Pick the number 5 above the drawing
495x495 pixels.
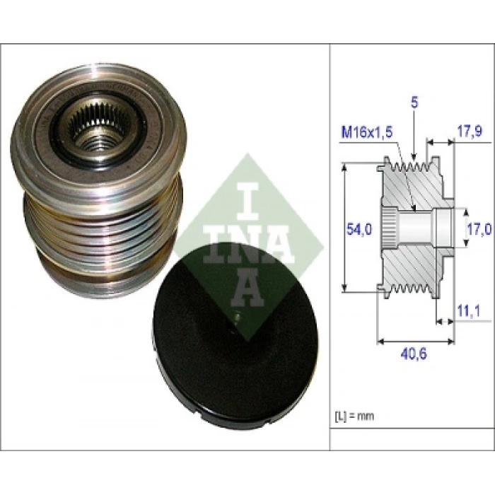(414, 103)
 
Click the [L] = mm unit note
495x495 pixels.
(353, 415)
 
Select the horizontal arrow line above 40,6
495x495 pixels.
(414, 340)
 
